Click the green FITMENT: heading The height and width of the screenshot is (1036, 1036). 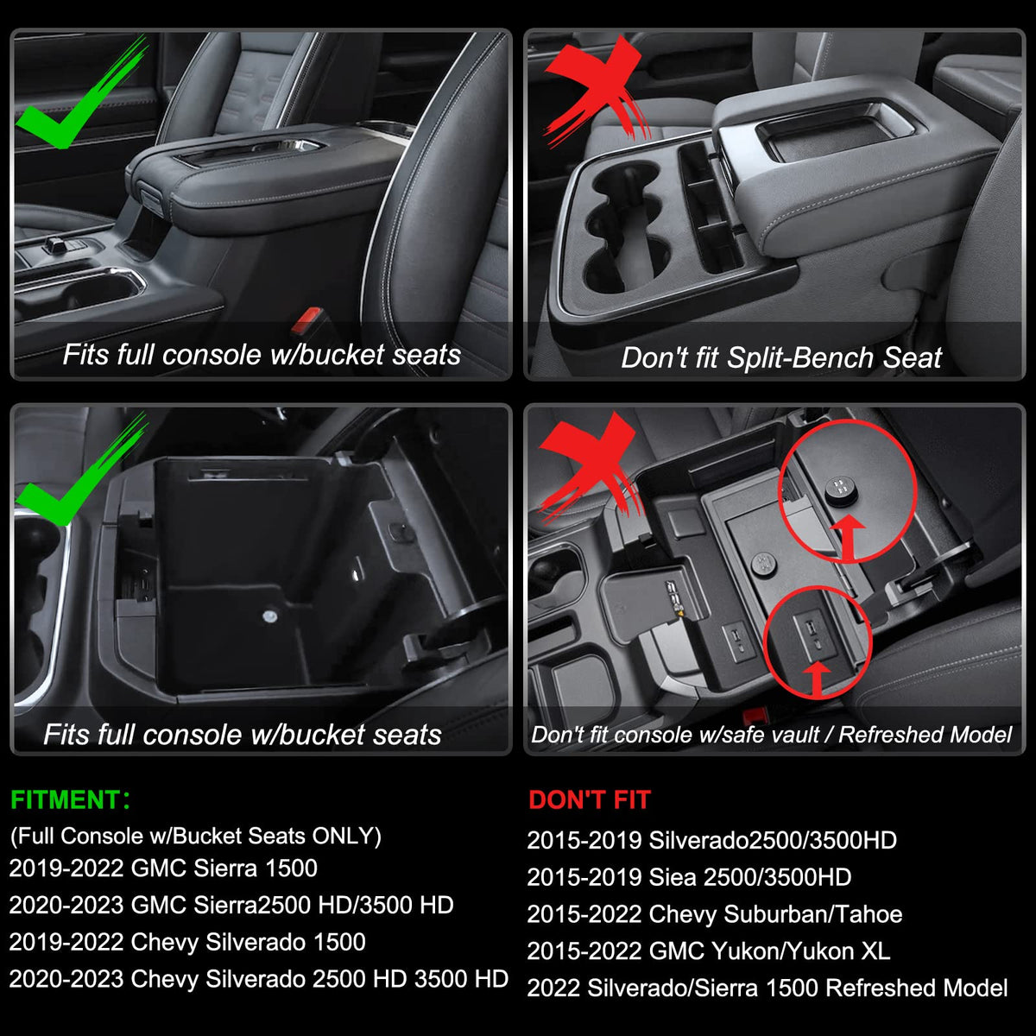coord(70,799)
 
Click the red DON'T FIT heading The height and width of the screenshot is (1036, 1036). coord(590,799)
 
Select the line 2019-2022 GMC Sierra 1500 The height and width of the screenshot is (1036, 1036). coord(163,869)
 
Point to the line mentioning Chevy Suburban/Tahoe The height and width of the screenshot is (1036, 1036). coord(715,914)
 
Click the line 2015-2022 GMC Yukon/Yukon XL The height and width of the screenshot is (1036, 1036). coord(708,951)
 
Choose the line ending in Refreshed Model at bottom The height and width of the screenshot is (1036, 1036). coord(768,989)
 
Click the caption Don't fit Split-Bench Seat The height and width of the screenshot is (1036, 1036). coord(780,358)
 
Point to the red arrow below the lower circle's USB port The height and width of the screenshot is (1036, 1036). coord(817,679)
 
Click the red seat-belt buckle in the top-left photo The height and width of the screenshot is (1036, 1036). coord(306,320)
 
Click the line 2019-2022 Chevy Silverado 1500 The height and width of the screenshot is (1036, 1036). coord(187,942)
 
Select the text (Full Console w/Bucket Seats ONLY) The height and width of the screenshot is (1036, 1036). coord(196,836)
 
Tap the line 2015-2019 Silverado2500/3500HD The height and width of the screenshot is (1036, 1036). coord(711,840)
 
